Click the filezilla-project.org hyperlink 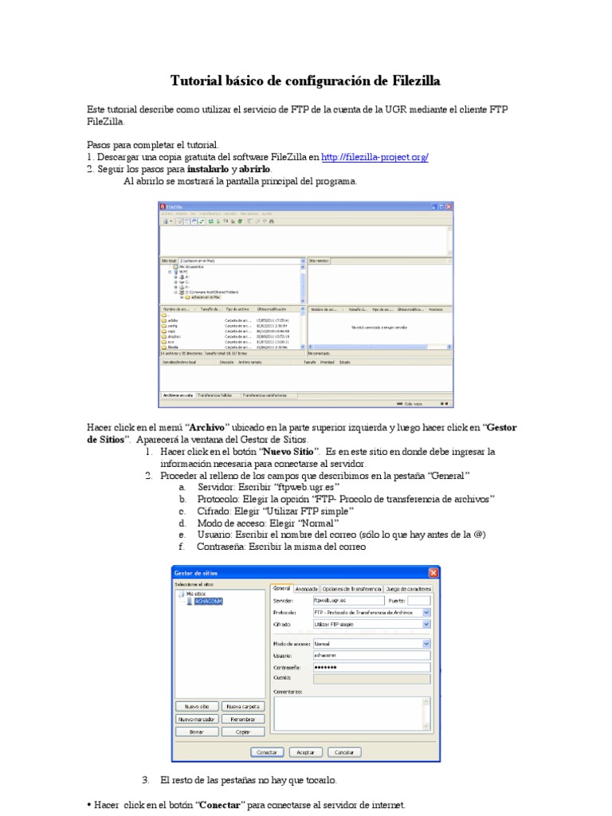point(375,158)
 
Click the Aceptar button point(306,751)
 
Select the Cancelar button point(344,751)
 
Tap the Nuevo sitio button point(197,706)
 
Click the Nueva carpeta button point(243,706)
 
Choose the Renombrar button point(243,719)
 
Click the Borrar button point(197,732)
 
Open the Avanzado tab point(306,589)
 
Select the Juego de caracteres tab point(408,589)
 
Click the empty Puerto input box point(419,601)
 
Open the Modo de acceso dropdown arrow point(426,642)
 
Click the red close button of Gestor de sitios point(433,573)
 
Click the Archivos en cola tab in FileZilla point(178,395)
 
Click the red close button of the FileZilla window point(449,207)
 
